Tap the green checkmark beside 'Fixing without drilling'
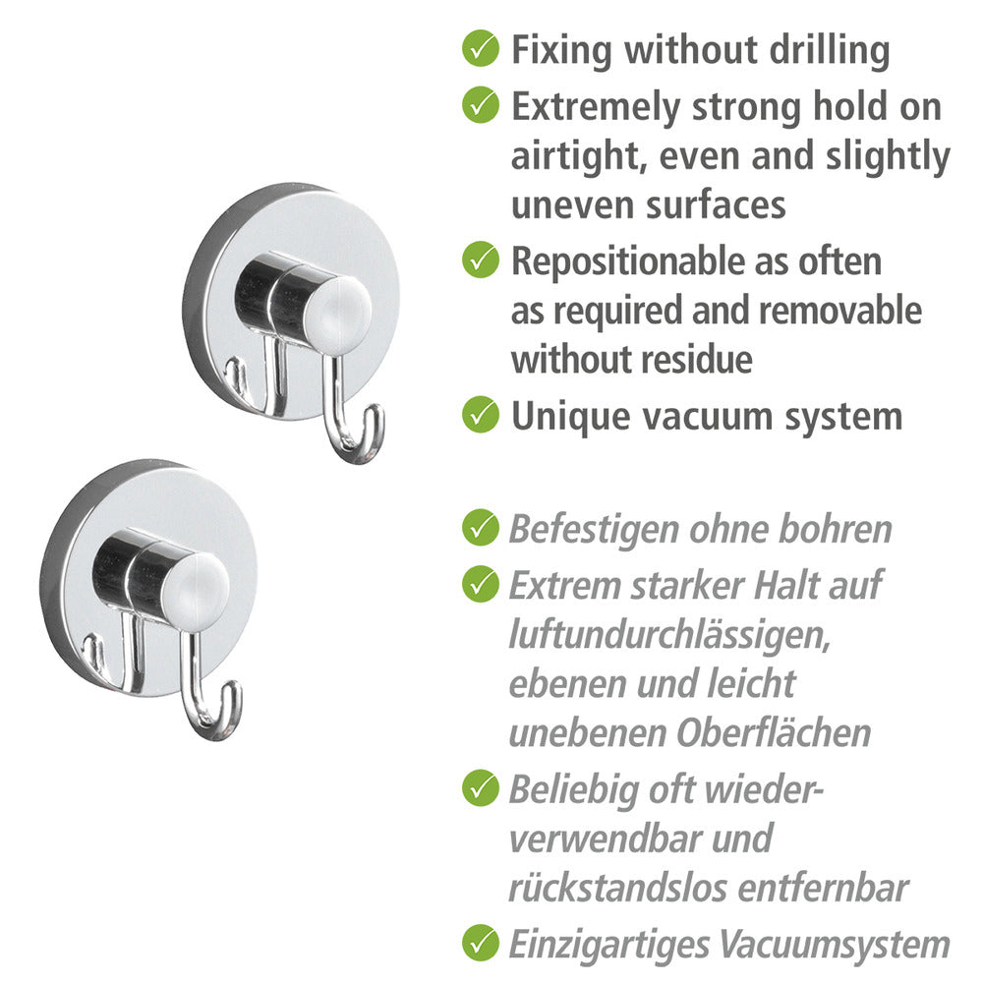coord(481,47)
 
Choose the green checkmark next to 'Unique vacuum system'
coord(481,415)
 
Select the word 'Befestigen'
coord(594,529)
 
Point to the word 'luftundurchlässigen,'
coord(669,634)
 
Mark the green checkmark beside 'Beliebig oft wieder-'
coord(481,787)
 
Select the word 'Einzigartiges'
coord(608,945)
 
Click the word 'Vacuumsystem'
coord(835,944)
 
